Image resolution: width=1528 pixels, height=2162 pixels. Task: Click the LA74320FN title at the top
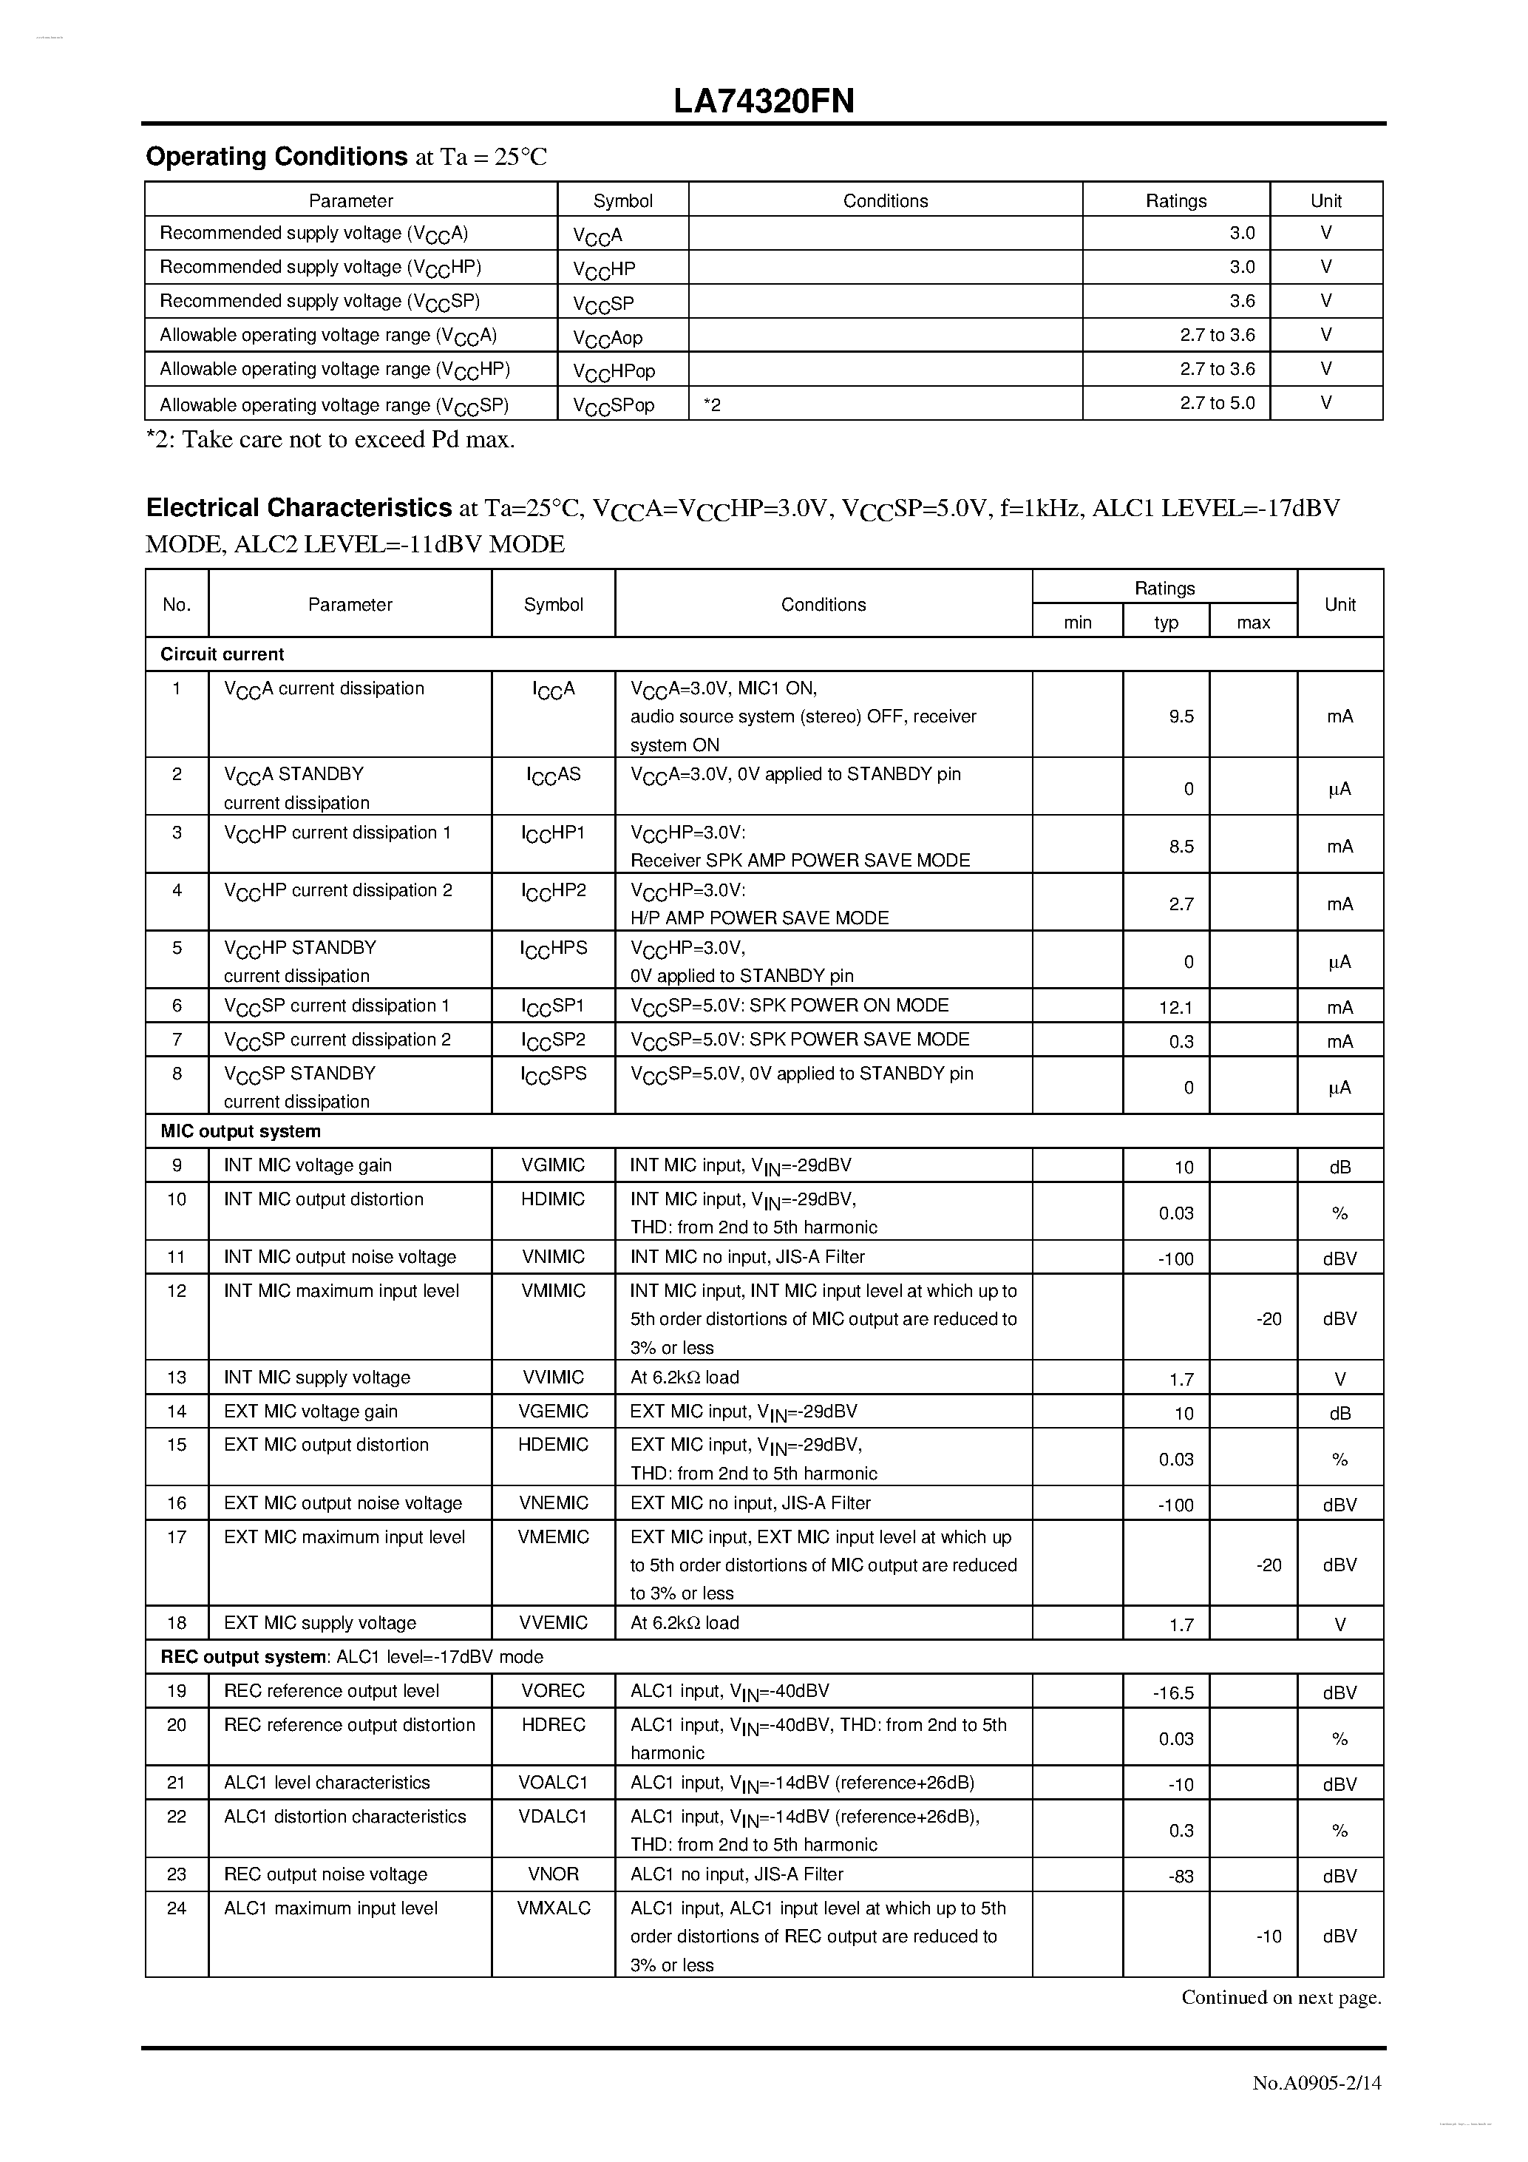pos(764,102)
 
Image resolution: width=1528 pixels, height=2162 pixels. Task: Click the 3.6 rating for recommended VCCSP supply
pos(1242,302)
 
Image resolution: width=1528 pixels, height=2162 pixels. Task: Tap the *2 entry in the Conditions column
pos(713,405)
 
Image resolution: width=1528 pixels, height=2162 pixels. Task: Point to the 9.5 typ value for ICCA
pos(1181,716)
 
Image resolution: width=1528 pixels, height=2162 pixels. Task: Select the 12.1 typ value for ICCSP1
pos(1176,1008)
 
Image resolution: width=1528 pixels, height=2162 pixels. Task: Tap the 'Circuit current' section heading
pos(223,654)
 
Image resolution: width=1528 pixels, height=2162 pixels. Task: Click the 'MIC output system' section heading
pos(241,1131)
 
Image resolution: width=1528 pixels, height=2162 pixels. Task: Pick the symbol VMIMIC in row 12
pos(554,1291)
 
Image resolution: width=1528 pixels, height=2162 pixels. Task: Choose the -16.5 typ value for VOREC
pos(1173,1693)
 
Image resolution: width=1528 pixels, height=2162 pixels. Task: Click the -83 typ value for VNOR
pos(1181,1877)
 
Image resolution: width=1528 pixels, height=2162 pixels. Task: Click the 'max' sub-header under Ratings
pos(1253,623)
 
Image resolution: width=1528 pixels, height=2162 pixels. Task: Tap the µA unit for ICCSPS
pos(1339,1088)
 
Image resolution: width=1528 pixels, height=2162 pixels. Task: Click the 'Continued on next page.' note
pos(1281,1997)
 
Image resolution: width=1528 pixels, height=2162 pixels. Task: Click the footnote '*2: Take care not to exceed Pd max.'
pos(330,440)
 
